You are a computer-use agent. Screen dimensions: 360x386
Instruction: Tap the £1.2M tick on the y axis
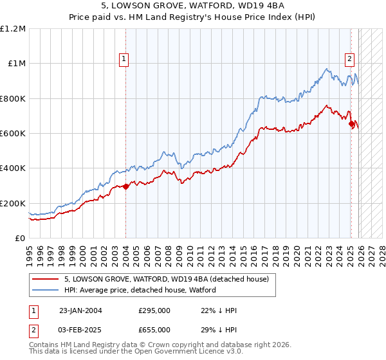(13, 29)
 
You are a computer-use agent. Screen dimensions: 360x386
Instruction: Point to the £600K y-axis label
(13, 134)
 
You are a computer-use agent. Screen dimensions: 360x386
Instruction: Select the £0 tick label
(19, 238)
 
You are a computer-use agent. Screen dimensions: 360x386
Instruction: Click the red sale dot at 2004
(125, 186)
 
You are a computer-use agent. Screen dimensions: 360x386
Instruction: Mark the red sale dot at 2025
(351, 124)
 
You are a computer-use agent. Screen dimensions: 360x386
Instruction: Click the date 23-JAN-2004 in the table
(80, 310)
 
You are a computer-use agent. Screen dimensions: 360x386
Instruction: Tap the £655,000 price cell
(154, 329)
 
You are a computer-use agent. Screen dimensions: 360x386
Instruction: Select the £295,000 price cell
(154, 310)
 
